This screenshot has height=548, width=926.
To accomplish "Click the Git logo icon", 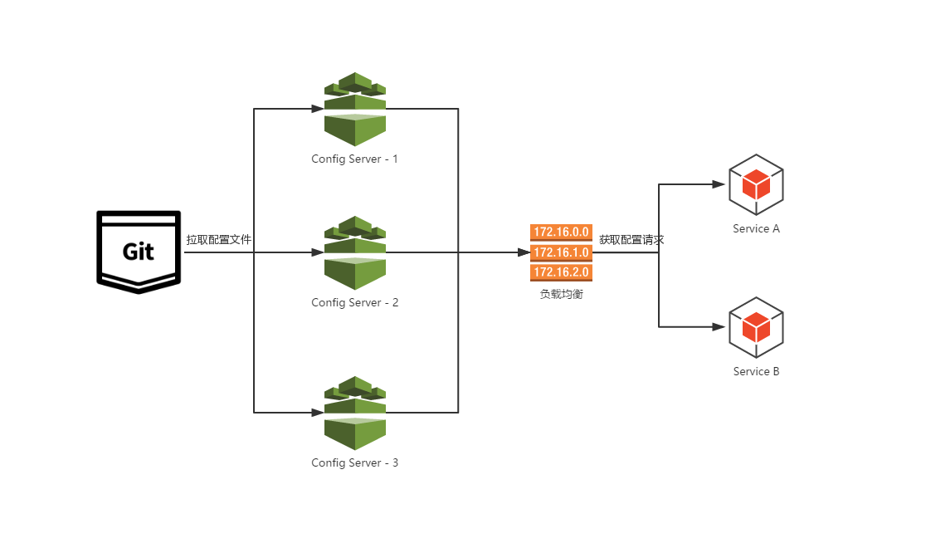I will pos(138,252).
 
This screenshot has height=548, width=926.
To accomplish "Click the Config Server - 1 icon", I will pos(355,109).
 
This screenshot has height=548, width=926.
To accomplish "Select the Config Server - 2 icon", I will pos(355,252).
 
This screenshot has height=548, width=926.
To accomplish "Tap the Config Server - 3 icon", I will pos(355,413).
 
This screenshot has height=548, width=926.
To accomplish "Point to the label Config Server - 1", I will pos(354,159).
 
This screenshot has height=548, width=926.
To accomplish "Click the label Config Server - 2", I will pos(354,302).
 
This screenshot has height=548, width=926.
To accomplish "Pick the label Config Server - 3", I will pos(354,462).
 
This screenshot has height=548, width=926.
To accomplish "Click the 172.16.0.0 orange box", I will pos(561,232).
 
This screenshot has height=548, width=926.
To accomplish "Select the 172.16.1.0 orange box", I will pos(561,252).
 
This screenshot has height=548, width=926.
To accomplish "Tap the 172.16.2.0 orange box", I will pos(561,272).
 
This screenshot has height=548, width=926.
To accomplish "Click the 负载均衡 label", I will pos(561,294).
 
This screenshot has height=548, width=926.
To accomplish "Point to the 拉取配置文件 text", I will pos(219,240).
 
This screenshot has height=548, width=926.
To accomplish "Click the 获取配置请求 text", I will pos(631,240).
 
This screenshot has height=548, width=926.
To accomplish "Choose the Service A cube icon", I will pos(756,183).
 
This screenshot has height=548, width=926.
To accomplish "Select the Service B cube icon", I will pos(756,327).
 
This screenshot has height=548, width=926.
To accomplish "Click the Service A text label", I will pos(756,228).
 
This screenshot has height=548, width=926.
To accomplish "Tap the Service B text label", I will pos(756,371).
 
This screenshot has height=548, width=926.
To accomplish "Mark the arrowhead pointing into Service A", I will pos(719,184).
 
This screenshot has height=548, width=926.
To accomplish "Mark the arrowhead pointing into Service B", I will pos(719,327).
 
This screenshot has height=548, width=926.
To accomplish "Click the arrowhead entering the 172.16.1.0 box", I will pos(524,252).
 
